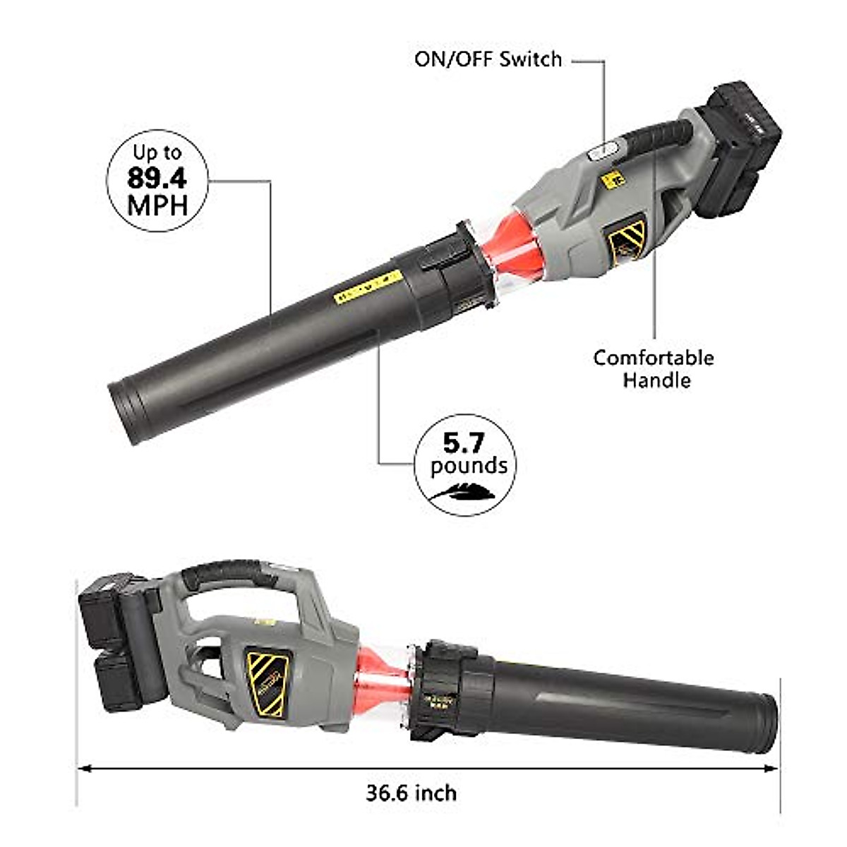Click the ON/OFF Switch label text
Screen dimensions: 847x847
488,59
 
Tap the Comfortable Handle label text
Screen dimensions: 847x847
653,368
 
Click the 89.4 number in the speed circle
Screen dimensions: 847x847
157,178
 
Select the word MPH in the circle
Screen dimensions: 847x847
157,205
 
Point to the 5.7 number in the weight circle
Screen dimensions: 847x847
464,443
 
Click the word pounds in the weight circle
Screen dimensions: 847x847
469,466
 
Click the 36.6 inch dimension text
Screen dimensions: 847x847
411,793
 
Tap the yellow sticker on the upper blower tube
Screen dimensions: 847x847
368,287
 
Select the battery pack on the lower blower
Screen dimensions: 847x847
116,639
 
